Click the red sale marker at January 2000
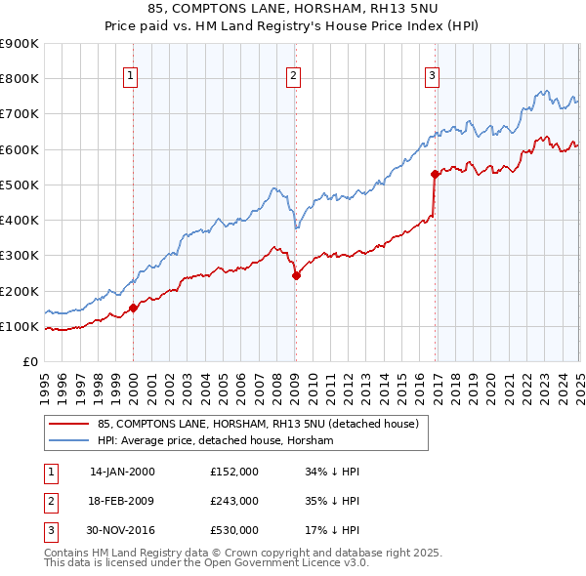pyautogui.click(x=134, y=309)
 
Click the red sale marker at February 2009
pyautogui.click(x=296, y=276)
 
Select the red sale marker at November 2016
pyautogui.click(x=435, y=175)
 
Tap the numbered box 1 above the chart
pyautogui.click(x=131, y=77)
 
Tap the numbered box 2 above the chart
pyautogui.click(x=293, y=77)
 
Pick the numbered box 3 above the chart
pyautogui.click(x=432, y=77)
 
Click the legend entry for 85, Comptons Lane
pyautogui.click(x=258, y=424)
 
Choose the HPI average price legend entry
pyautogui.click(x=215, y=441)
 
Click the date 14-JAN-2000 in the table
pyautogui.click(x=122, y=472)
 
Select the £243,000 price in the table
pyautogui.click(x=234, y=501)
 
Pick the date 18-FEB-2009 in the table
pyautogui.click(x=122, y=501)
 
